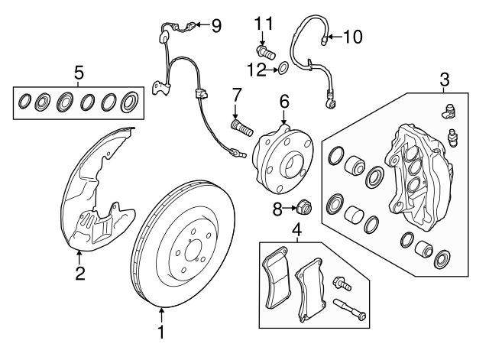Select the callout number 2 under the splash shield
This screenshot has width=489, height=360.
(78, 273)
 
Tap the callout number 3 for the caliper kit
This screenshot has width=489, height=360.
(444, 79)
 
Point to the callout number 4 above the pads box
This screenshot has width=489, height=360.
(296, 229)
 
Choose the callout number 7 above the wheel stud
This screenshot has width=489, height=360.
(237, 95)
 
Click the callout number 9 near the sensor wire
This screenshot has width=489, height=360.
(216, 27)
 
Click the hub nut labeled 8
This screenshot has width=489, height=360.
(303, 206)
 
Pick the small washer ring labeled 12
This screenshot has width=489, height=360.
(283, 70)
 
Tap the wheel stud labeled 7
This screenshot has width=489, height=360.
(239, 125)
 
